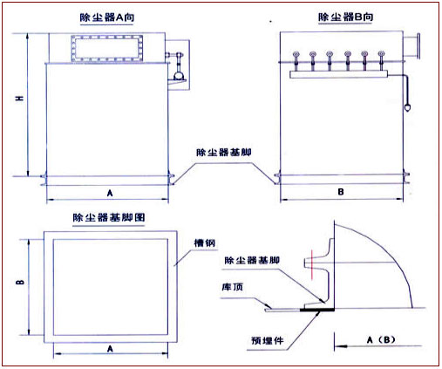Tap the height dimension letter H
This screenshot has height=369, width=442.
(x=17, y=103)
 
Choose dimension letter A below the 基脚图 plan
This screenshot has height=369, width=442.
(x=110, y=348)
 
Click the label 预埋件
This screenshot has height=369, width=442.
(x=263, y=334)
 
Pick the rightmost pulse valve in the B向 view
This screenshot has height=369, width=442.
(x=379, y=59)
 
